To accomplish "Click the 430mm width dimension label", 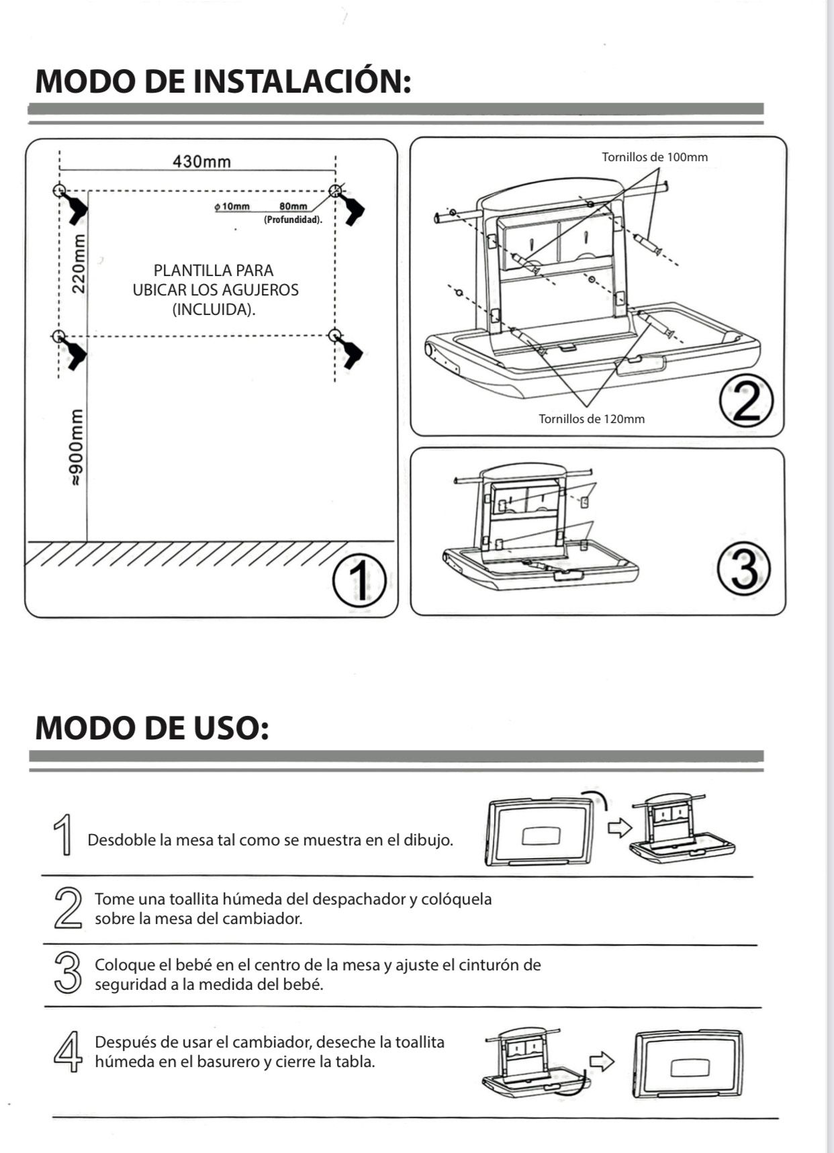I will click(201, 162).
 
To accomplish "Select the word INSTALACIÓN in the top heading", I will click(302, 81).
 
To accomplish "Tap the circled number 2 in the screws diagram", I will click(746, 402).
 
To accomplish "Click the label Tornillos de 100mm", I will click(655, 157).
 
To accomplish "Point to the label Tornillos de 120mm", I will click(592, 419).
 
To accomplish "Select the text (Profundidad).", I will click(293, 220).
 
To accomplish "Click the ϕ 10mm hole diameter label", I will click(232, 206).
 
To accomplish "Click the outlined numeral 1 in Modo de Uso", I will click(64, 835).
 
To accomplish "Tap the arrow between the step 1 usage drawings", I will click(619, 827).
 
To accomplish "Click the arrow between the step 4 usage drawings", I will click(602, 1062).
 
